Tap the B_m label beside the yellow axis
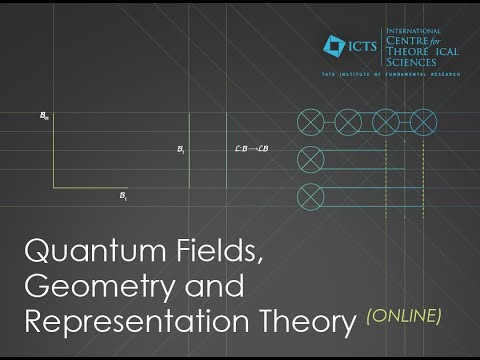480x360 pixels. click(44, 117)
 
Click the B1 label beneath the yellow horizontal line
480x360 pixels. click(123, 197)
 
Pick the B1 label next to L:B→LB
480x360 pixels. click(181, 150)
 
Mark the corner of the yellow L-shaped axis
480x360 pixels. click(54, 186)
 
